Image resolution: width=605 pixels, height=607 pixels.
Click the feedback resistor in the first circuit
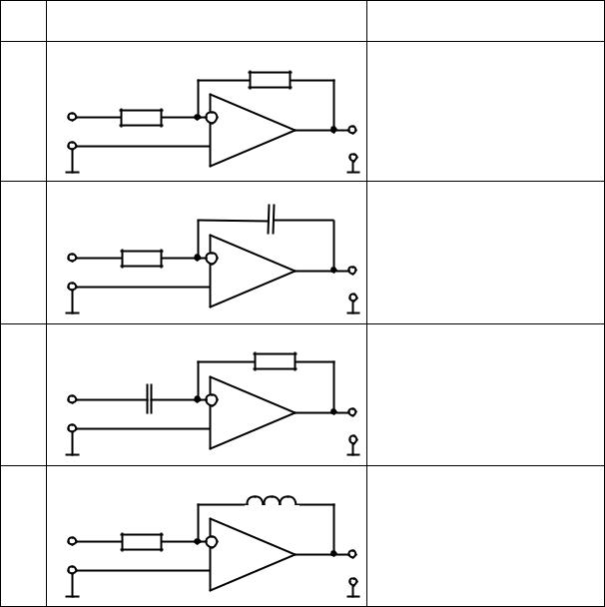[x=270, y=79]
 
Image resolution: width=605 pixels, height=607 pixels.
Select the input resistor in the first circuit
[x=141, y=117]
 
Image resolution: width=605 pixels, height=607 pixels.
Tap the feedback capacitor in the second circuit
[x=271, y=221]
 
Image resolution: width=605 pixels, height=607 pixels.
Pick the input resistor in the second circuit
[x=141, y=259]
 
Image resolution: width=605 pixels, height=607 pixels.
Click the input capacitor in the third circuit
[x=149, y=399]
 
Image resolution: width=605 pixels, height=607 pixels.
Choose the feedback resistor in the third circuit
[x=275, y=361]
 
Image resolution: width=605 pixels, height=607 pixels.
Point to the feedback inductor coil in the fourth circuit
[x=271, y=502]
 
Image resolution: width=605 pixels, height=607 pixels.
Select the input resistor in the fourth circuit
[x=141, y=541]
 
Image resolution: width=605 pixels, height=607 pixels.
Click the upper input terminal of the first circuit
[x=72, y=117]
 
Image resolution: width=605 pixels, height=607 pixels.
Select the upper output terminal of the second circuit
[x=352, y=271]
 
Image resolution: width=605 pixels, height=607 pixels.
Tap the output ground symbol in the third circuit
[x=352, y=447]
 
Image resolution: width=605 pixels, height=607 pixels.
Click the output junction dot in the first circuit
[x=333, y=130]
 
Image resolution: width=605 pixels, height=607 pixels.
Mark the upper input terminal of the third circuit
[x=72, y=399]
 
